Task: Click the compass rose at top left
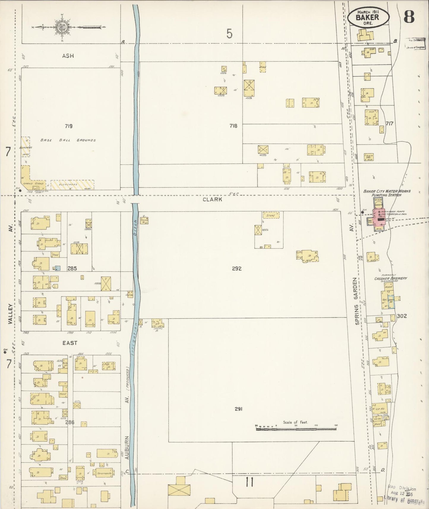point(62,27)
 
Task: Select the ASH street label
point(68,56)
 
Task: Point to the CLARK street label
point(212,200)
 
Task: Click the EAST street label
point(70,343)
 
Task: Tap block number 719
point(69,126)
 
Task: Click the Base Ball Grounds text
point(68,140)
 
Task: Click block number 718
point(233,126)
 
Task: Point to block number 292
point(237,268)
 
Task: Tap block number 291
point(239,409)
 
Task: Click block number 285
point(72,268)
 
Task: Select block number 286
point(70,422)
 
